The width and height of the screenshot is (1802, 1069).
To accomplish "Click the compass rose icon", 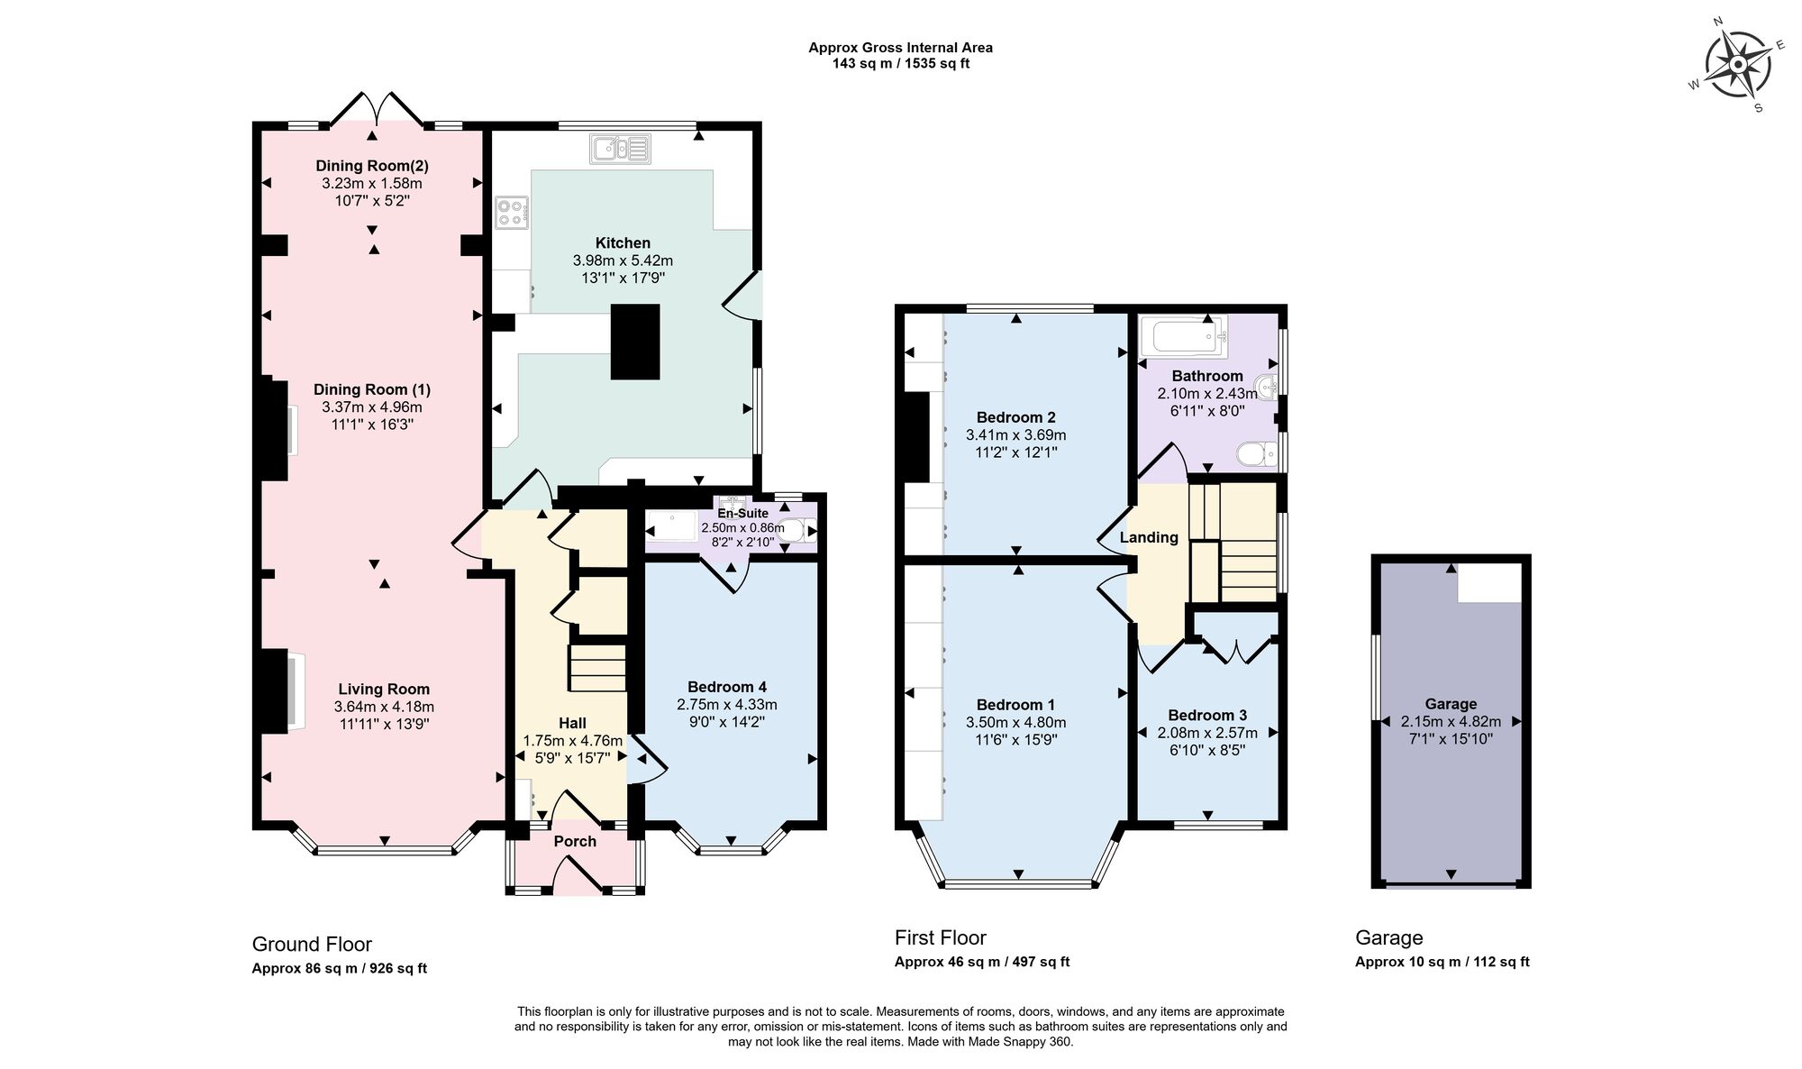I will tap(1738, 65).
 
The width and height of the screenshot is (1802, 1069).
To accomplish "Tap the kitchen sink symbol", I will tap(620, 149).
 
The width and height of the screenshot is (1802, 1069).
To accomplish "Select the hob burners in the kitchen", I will tap(510, 213).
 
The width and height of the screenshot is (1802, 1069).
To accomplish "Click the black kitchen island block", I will tap(635, 342).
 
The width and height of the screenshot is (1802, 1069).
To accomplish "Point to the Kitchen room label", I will tap(623, 242).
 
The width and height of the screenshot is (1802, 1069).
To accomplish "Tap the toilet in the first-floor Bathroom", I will tap(1256, 453).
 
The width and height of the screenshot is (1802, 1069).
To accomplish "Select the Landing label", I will tap(1149, 537).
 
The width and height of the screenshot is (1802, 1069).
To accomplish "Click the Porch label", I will tap(575, 841).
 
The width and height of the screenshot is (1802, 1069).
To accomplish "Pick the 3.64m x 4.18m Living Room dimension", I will tap(384, 707).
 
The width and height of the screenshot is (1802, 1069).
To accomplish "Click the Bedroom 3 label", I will tap(1206, 716).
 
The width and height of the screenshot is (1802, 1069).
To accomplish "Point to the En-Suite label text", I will tap(742, 514).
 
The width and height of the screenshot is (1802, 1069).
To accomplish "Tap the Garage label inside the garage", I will tap(1451, 704).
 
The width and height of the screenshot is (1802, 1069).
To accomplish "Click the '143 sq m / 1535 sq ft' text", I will tap(900, 64).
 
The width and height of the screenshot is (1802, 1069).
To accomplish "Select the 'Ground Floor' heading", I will tap(312, 945).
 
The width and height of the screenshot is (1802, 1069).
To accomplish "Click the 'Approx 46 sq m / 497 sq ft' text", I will tap(981, 962).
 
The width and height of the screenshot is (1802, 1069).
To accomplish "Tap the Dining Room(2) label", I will tap(371, 166).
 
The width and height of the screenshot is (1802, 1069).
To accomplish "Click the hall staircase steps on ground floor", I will tap(597, 668).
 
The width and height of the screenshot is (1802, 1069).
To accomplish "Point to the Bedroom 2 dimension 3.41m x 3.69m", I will tap(1015, 434).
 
